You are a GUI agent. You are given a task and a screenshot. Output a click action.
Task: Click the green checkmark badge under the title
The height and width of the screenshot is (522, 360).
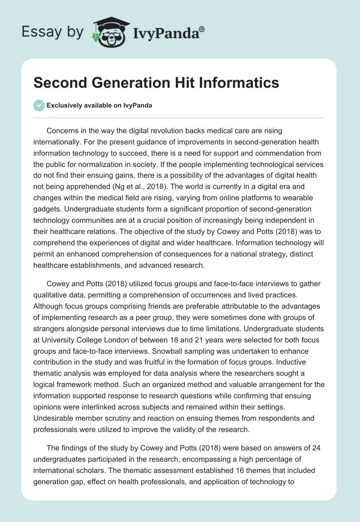point(39,105)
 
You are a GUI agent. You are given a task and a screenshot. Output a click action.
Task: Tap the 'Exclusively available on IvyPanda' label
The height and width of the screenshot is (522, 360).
point(99,105)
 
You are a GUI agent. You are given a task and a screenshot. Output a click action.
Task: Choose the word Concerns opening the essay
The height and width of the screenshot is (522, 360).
point(63,131)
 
